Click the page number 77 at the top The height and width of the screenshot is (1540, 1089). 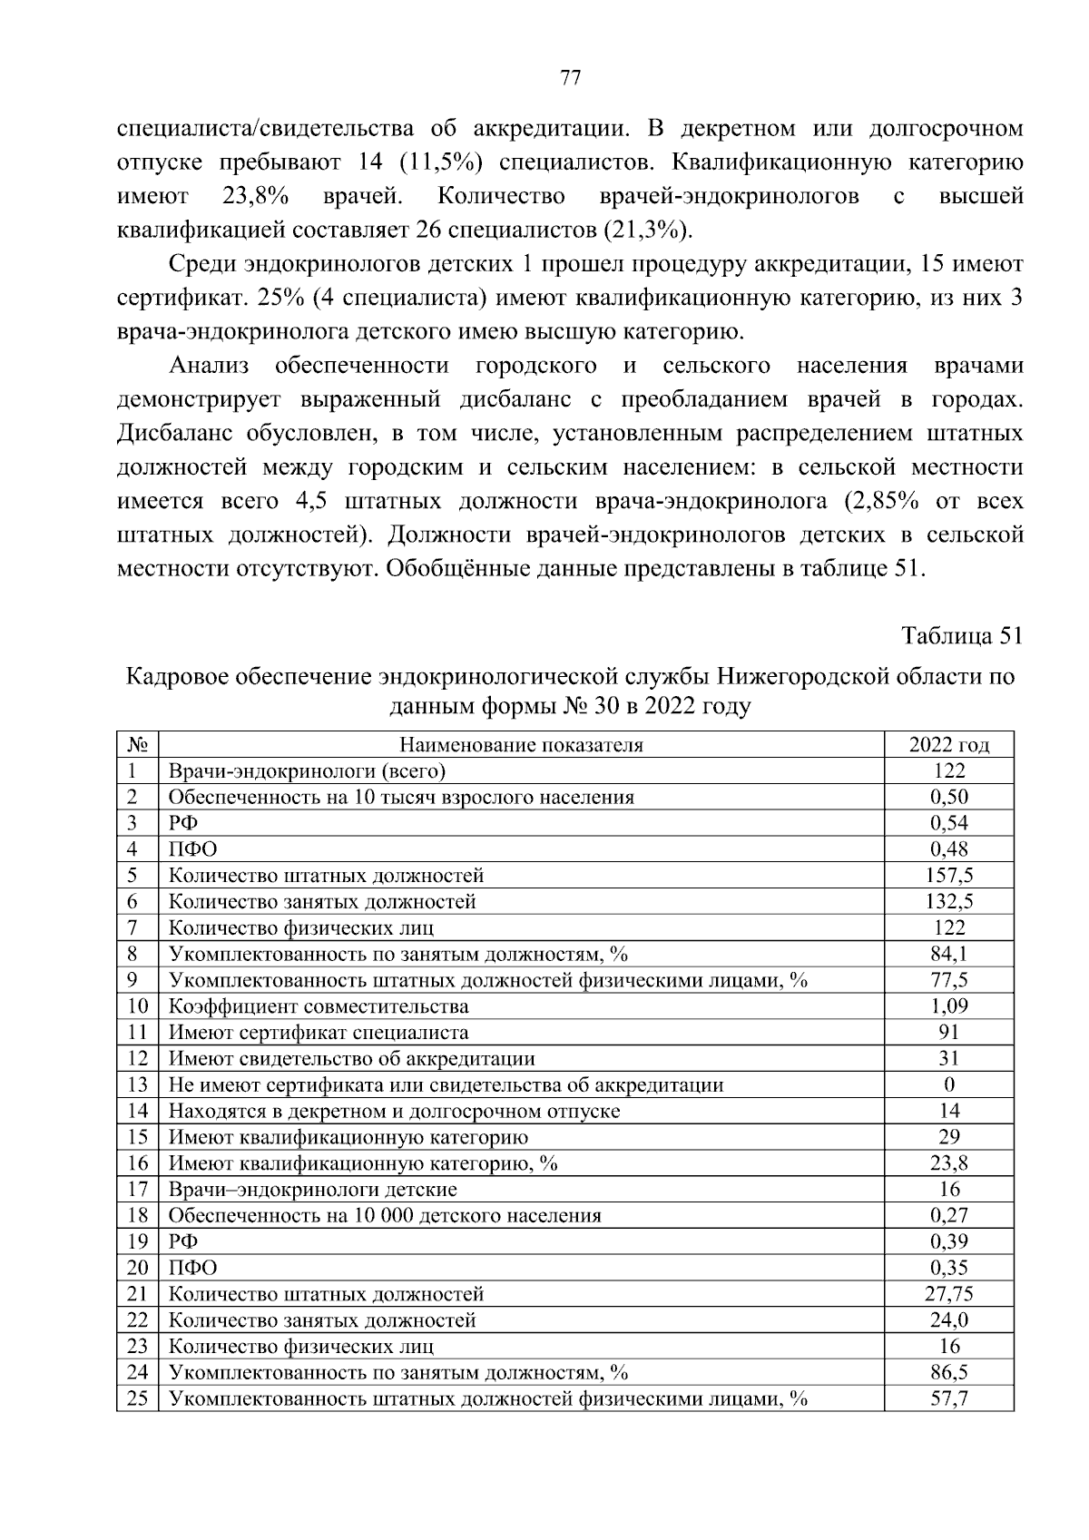[x=570, y=78]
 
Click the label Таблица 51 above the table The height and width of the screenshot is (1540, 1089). [x=962, y=636]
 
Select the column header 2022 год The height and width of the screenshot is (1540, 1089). [x=948, y=745]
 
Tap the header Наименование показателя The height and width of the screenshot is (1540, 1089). [x=522, y=745]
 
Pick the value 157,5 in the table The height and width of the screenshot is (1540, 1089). [x=949, y=876]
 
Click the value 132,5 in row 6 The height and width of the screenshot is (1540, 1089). [x=949, y=902]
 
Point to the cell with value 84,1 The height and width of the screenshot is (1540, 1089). [x=949, y=955]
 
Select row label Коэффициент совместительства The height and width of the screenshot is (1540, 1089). [x=319, y=1006]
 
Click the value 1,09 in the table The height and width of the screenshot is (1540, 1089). [x=949, y=1006]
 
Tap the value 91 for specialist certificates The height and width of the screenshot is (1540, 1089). [x=949, y=1033]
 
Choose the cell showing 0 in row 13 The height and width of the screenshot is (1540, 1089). [x=949, y=1085]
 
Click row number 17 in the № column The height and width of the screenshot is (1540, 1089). [x=137, y=1190]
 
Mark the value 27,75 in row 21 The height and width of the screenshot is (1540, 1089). [x=949, y=1294]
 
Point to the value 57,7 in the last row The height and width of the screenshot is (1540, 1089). [x=949, y=1398]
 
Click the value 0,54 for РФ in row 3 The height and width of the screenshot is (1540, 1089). [x=949, y=823]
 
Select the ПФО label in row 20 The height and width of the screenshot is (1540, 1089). [x=192, y=1268]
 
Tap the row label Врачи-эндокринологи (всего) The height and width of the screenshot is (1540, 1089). [x=308, y=771]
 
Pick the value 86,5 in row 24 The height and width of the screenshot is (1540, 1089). [x=949, y=1372]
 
